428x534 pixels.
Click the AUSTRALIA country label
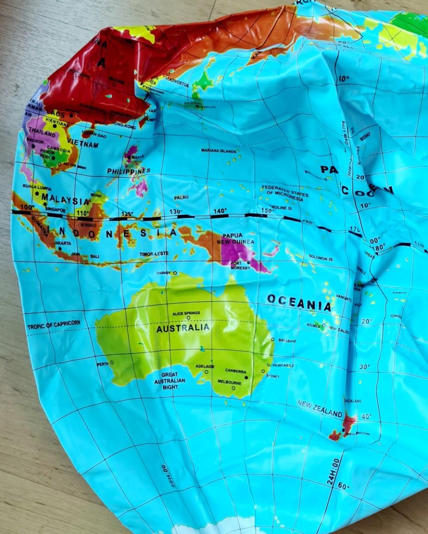(x=183, y=328)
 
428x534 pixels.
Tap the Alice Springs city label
(x=186, y=313)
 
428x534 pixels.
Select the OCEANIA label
(x=299, y=303)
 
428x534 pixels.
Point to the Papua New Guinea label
(x=238, y=239)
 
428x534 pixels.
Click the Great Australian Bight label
(x=170, y=381)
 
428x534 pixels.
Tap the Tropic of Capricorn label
(x=53, y=325)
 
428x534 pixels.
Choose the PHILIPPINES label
(x=128, y=171)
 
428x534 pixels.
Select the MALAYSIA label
(x=65, y=201)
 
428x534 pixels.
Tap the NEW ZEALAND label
(x=319, y=408)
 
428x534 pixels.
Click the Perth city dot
(x=112, y=362)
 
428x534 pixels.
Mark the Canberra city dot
(x=246, y=377)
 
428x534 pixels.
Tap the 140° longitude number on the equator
(x=220, y=211)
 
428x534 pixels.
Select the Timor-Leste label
(x=154, y=254)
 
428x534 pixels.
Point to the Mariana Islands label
(x=219, y=150)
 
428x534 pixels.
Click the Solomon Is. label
(x=321, y=257)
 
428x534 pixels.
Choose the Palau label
(x=181, y=197)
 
